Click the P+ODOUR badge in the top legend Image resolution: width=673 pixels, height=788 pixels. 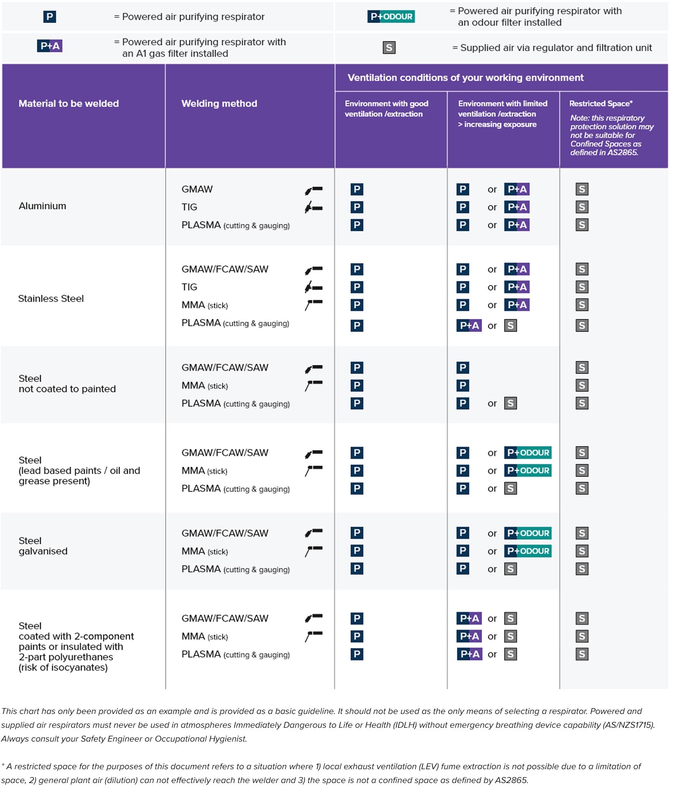coord(391,16)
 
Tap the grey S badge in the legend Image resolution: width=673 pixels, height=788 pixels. coord(389,48)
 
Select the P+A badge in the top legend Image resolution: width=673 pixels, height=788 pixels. coord(49,46)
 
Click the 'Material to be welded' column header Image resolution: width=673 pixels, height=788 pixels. coord(69,104)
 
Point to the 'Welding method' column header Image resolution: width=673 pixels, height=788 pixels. coord(219,104)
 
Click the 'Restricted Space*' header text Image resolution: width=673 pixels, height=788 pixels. coord(601,104)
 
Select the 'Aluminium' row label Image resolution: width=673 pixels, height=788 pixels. coord(42,206)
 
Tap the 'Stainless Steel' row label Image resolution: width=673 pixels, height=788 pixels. coord(51,298)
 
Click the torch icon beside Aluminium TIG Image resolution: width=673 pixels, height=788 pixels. coord(313,207)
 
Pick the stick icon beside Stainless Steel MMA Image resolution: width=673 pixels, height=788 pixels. coord(313,305)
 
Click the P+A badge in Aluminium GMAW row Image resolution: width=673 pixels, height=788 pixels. coord(517,189)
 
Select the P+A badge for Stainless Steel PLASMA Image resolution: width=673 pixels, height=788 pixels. coord(469,326)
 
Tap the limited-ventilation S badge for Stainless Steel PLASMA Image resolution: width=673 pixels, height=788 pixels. coord(510,326)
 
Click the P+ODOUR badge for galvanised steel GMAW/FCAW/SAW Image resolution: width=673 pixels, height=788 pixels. coord(528,533)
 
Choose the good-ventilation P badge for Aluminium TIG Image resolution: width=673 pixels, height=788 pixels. coord(357,207)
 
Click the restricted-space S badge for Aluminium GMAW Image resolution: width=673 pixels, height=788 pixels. coord(582,189)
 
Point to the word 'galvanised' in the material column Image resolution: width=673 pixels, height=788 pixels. coord(43,551)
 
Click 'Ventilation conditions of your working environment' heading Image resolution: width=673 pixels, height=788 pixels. coord(465,77)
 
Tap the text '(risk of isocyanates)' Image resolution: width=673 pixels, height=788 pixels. coord(63,668)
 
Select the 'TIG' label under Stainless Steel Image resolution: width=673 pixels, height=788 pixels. coord(189,287)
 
